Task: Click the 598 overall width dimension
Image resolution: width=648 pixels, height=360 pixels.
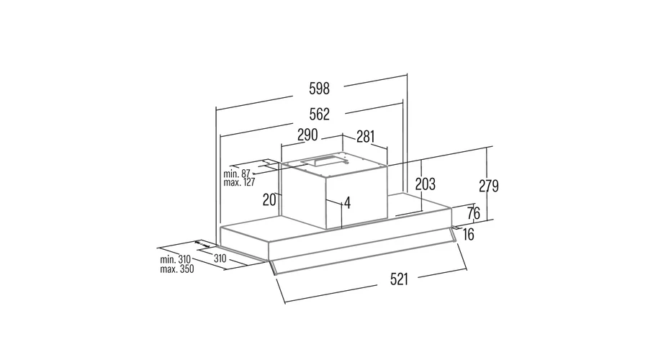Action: [x=319, y=89]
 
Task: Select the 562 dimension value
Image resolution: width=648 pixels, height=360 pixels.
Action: [x=319, y=114]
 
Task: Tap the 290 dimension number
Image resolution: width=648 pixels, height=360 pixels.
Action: [x=307, y=135]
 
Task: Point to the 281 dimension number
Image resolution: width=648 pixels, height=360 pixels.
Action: [x=365, y=136]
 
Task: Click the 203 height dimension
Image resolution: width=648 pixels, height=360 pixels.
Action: [x=426, y=184]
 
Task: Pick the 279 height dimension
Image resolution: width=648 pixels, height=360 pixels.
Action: [x=488, y=186]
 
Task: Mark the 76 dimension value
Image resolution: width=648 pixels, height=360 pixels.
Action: [x=474, y=213]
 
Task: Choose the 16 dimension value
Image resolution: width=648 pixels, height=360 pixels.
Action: [x=468, y=235]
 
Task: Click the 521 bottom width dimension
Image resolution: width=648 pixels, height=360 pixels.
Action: [x=399, y=279]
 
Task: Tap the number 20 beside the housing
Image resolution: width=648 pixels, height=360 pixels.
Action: [x=269, y=200]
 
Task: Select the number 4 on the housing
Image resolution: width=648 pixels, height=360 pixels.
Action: [x=347, y=203]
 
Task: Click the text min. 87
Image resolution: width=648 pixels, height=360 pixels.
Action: [x=237, y=174]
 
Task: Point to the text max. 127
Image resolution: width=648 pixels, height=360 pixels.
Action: [x=239, y=182]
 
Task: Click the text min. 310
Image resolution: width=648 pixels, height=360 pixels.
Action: [x=175, y=260]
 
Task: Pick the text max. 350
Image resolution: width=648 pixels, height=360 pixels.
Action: [x=177, y=269]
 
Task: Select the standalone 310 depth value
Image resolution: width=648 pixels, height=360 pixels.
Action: [x=220, y=258]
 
